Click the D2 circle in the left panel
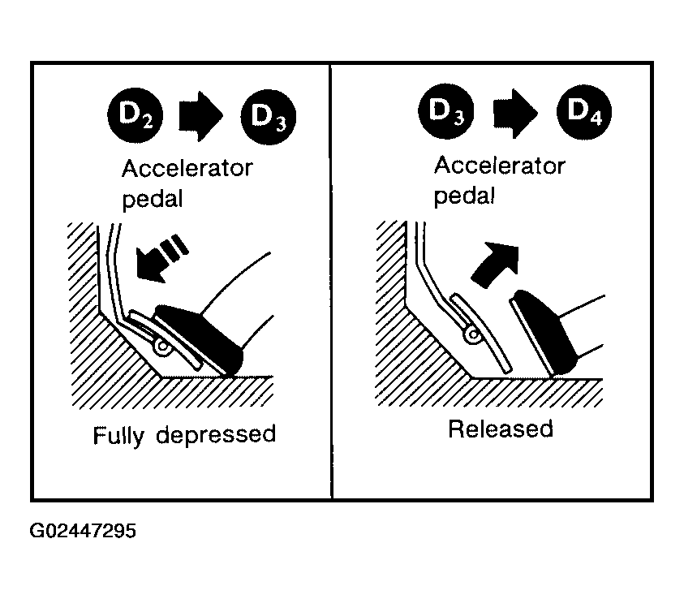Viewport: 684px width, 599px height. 136,115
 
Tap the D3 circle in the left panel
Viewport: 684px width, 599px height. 269,117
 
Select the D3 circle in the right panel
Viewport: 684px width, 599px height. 445,111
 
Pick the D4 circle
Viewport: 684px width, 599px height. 584,112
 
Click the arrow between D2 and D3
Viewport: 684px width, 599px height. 201,116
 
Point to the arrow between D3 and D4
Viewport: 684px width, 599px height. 515,114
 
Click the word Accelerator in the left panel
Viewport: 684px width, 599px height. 187,168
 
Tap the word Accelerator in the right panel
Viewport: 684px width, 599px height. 500,166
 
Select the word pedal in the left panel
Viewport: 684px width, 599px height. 153,200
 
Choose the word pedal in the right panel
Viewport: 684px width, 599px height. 464,196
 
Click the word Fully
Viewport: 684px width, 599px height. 118,435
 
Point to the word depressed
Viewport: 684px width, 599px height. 216,434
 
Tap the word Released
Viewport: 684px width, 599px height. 501,429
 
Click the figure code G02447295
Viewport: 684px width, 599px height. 83,531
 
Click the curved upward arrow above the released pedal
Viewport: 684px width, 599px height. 495,265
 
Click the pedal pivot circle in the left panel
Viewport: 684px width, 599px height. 163,347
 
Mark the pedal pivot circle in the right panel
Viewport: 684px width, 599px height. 472,335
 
